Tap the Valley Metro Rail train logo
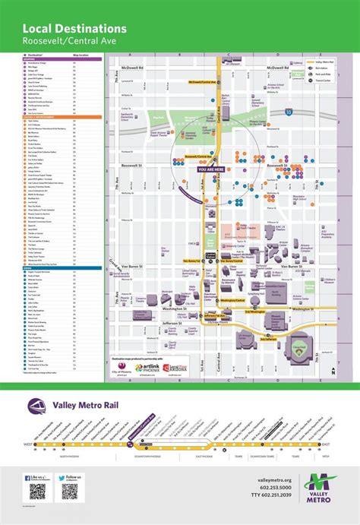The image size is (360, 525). point(37,406)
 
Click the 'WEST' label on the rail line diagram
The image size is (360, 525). point(28,445)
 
